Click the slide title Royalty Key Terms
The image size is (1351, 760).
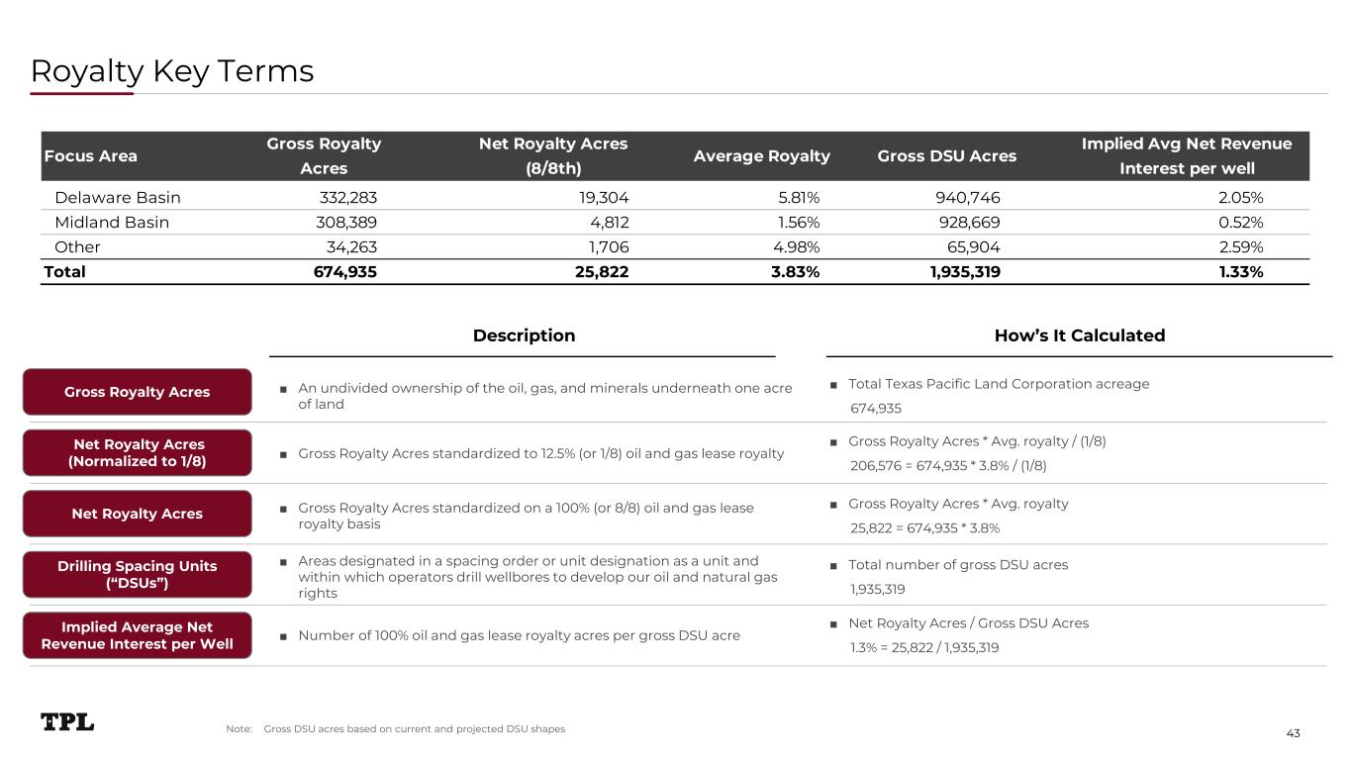coord(172,71)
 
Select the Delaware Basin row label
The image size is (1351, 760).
coord(118,197)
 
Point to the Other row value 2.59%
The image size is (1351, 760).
coord(1240,246)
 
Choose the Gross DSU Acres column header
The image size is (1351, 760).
coord(947,156)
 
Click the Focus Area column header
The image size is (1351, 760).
coord(90,156)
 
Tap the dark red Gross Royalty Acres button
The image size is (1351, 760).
coord(138,392)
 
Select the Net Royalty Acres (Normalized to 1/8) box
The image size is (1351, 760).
coord(138,453)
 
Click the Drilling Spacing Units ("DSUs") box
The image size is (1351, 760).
coord(138,575)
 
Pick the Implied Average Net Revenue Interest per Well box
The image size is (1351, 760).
coord(138,636)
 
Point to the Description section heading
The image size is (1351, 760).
coord(524,335)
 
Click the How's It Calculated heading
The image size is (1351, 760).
coord(1079,335)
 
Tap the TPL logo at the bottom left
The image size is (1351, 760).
coord(67,722)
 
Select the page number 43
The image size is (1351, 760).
coord(1293,732)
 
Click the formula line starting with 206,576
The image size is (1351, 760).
coord(948,466)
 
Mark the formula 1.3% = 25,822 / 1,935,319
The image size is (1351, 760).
coord(924,648)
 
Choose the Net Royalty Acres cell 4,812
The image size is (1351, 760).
coord(609,222)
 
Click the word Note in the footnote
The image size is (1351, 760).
coord(239,729)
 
